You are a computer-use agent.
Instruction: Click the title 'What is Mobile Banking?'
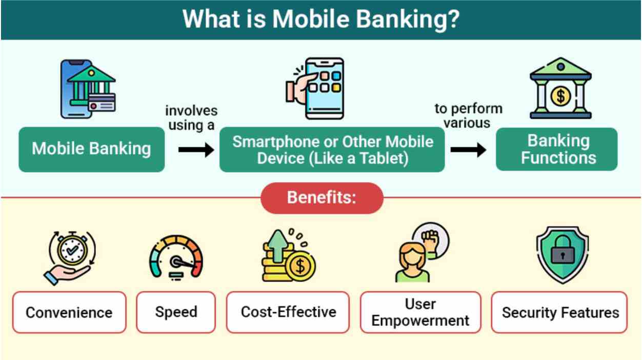(320, 19)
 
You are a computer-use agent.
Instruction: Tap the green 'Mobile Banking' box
(91, 149)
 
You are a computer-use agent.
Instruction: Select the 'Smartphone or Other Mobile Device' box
(332, 149)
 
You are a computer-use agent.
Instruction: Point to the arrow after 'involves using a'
(196, 150)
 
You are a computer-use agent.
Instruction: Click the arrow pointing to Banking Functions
(468, 150)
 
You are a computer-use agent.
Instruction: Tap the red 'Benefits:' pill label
(322, 198)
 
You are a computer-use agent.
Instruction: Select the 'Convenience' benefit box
(69, 312)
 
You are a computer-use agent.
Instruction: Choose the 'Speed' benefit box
(176, 312)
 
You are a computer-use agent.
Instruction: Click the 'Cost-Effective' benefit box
(288, 312)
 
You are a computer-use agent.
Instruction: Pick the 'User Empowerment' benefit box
(420, 312)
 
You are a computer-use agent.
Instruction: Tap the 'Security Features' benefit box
(559, 312)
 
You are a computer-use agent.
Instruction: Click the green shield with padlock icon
(562, 253)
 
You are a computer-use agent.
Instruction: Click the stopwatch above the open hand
(72, 249)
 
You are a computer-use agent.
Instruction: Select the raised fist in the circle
(431, 239)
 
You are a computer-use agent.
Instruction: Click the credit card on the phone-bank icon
(102, 104)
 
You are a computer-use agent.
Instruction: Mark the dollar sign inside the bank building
(560, 95)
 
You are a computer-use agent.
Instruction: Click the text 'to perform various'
(468, 115)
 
